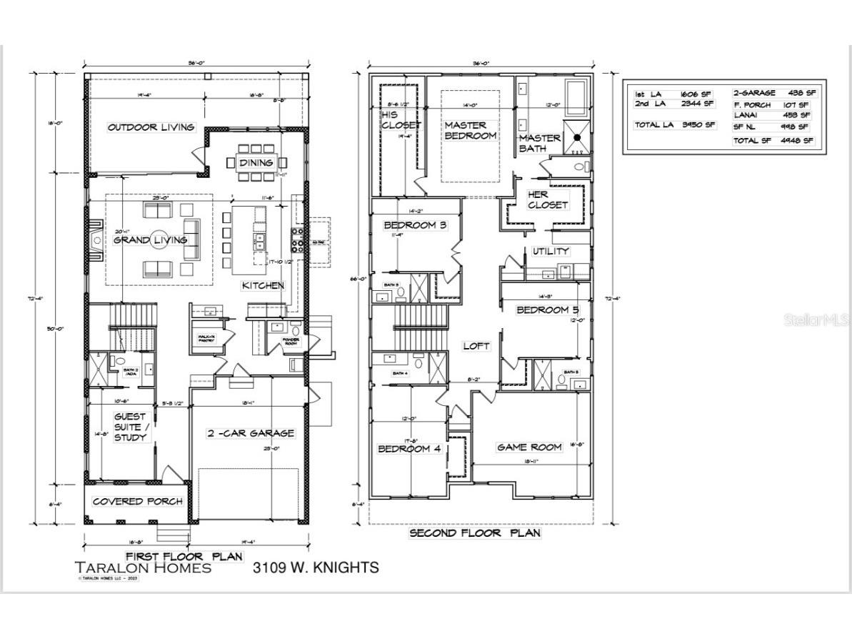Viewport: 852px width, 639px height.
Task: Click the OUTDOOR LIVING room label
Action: (x=151, y=127)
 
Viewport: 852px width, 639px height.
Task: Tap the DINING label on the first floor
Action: (x=256, y=163)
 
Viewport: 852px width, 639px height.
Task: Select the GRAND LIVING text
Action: (x=151, y=240)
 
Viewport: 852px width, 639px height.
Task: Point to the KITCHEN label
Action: (x=263, y=285)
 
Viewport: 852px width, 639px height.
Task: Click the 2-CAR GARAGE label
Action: (x=250, y=433)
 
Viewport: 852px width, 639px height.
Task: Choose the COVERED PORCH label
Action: (x=137, y=501)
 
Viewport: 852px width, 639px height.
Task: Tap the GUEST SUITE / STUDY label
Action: (x=130, y=427)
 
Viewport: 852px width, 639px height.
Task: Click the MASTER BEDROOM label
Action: (x=469, y=130)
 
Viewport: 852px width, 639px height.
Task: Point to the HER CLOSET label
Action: (x=548, y=199)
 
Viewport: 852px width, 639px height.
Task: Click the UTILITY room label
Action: (x=551, y=251)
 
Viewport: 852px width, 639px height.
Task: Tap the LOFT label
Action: (x=476, y=346)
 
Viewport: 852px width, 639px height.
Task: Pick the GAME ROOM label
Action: (x=529, y=447)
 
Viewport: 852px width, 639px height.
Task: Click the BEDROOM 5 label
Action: (x=548, y=309)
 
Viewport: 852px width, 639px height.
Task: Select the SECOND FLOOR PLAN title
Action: (x=474, y=533)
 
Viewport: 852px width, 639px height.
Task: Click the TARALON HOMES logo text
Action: (x=143, y=568)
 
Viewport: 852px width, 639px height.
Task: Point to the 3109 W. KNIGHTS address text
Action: (x=315, y=568)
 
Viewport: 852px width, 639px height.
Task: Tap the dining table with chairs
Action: (x=256, y=162)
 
